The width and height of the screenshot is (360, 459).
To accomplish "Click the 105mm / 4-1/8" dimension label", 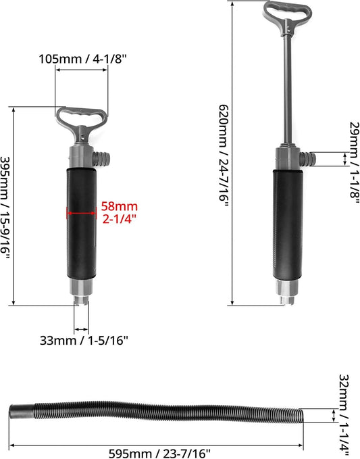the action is click(83, 59).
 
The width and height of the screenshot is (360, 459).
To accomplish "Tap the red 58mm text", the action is click(120, 206).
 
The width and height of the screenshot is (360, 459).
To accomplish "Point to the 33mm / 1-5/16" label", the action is click(84, 340).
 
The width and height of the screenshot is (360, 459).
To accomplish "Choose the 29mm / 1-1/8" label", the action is click(354, 160).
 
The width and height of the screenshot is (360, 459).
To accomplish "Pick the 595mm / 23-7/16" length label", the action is click(159, 454).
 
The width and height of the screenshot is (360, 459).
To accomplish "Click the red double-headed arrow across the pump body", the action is click(82, 213).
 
